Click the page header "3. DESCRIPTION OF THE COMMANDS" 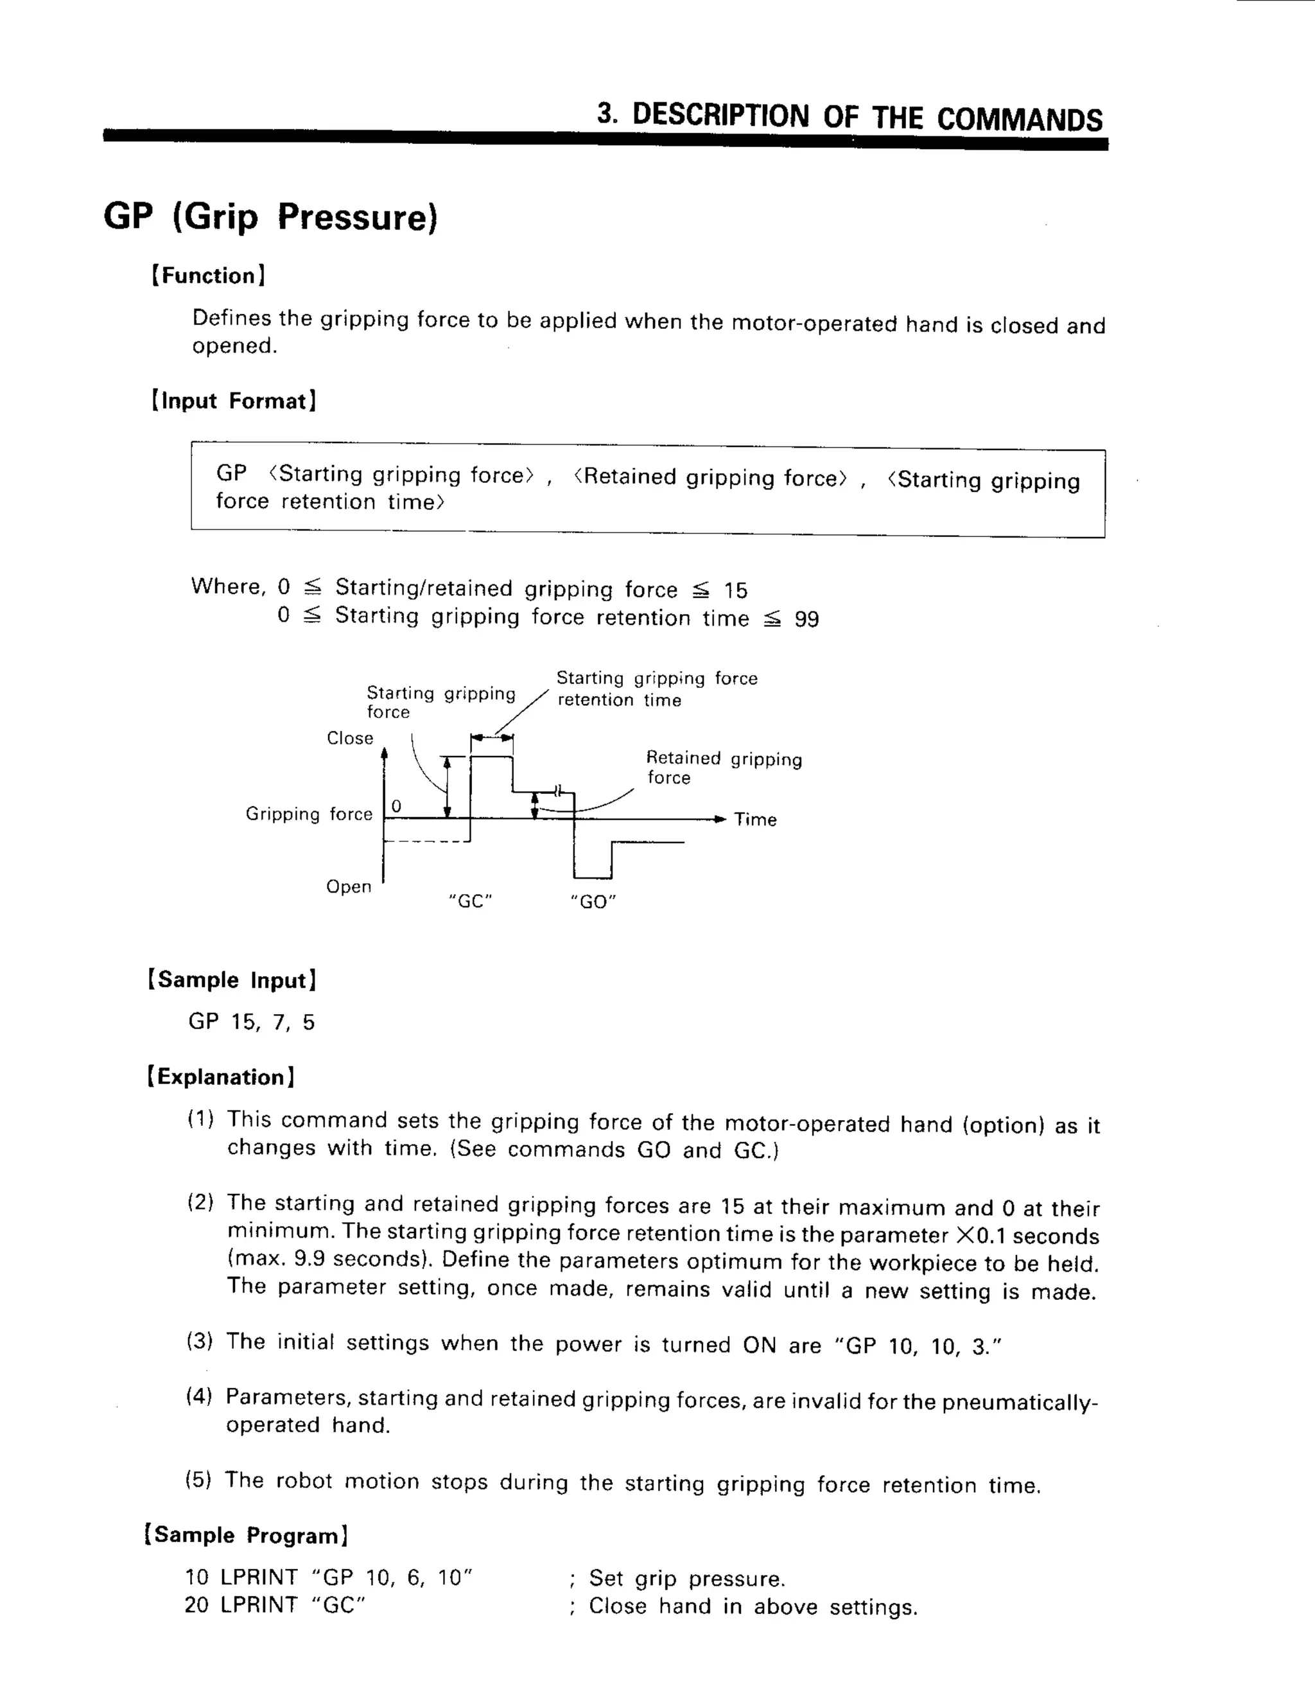tap(849, 117)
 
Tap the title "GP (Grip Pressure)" tap(270, 216)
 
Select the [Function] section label tap(208, 276)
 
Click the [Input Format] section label tap(234, 401)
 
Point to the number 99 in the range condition tap(806, 620)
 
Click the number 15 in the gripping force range tap(735, 591)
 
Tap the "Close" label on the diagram tap(350, 738)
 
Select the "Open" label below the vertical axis tap(348, 887)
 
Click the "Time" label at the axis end tap(755, 820)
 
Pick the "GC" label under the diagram tap(471, 902)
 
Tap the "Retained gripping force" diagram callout tap(723, 768)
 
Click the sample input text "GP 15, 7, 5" tap(252, 1022)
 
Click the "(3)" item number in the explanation tap(200, 1342)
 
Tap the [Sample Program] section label tap(246, 1535)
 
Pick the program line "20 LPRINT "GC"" tap(275, 1606)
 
